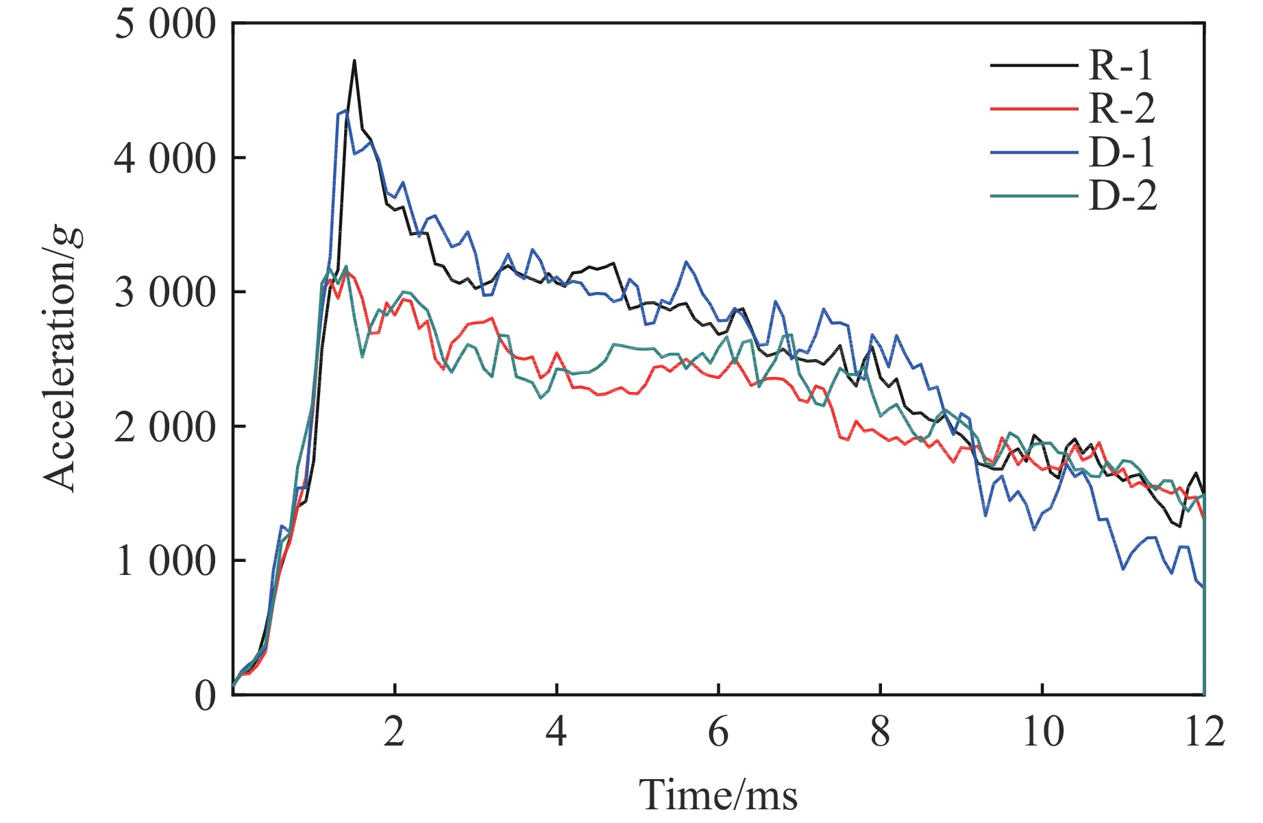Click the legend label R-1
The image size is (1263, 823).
click(1121, 65)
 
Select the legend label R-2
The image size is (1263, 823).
click(1121, 108)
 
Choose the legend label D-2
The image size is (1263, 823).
click(1123, 196)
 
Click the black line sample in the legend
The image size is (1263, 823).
click(1033, 65)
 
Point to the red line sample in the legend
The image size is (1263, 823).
click(1033, 108)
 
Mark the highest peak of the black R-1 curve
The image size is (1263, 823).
click(354, 61)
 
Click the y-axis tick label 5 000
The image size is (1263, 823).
click(165, 25)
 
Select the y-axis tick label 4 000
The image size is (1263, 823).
click(165, 159)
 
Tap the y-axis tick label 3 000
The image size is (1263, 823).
click(165, 293)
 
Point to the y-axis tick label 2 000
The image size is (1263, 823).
click(165, 427)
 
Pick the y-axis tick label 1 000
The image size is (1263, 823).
click(165, 561)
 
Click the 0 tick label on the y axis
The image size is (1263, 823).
click(205, 696)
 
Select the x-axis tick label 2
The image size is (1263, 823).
click(394, 733)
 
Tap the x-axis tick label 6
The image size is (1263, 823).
click(718, 733)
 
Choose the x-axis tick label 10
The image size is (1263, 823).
click(1042, 733)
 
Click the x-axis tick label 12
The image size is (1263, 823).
click(1203, 733)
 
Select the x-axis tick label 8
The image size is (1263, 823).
click(880, 733)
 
